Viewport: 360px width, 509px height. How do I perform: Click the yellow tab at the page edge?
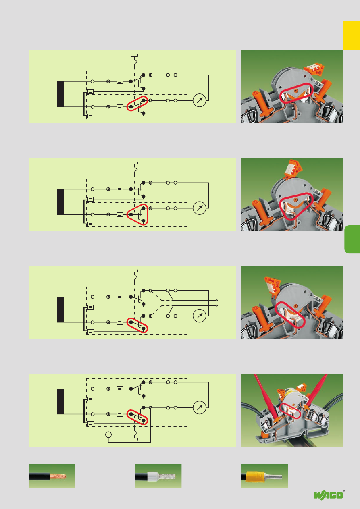tap(351, 35)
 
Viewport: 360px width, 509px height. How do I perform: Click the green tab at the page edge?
tap(352, 239)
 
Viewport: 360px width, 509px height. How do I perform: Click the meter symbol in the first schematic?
tap(199, 100)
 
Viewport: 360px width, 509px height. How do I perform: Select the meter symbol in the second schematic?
tap(199, 208)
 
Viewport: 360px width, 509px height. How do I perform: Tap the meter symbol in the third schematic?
tap(199, 316)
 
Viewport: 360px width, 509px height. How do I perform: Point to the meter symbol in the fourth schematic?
tap(199, 407)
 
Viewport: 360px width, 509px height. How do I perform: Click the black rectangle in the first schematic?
tap(60, 94)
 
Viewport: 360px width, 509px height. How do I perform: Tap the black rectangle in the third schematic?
tap(60, 309)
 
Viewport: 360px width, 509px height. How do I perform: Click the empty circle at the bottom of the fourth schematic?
tap(108, 435)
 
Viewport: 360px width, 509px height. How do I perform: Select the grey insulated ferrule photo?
tap(158, 476)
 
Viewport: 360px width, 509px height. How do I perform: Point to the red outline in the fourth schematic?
tap(137, 417)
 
